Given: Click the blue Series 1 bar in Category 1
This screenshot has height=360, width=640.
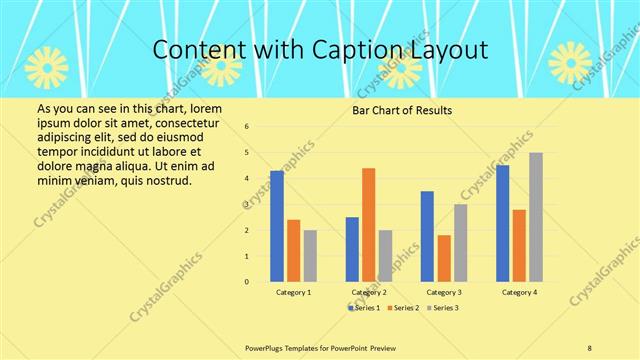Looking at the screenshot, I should [x=277, y=226].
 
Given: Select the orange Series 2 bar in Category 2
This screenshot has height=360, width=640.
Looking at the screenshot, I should [x=368, y=225].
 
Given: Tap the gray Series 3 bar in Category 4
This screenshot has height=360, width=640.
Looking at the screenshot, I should [x=536, y=217].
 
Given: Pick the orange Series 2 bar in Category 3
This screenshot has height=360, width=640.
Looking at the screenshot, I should [x=443, y=258].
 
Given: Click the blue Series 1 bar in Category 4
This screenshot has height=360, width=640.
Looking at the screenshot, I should [x=502, y=223].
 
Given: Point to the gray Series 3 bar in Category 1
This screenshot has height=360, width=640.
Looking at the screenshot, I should [x=310, y=256].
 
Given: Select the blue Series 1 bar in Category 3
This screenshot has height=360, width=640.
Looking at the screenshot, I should [x=427, y=236].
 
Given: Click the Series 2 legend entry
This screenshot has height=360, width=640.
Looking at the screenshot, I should [x=403, y=307].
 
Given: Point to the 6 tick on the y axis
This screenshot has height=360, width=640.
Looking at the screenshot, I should [x=247, y=127].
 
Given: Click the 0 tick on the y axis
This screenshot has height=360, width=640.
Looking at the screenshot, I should [x=247, y=282].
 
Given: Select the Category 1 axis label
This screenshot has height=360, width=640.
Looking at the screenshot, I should [x=293, y=292].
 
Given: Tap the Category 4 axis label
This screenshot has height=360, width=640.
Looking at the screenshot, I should [x=518, y=292].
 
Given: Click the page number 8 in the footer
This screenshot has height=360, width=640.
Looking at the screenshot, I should [x=590, y=346].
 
